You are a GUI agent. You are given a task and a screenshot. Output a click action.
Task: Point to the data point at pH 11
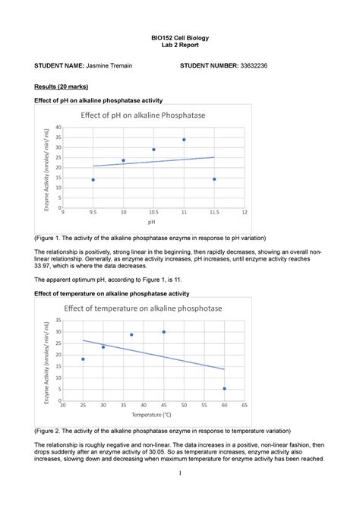coord(184,140)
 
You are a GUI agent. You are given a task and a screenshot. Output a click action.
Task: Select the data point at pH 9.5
coord(93,180)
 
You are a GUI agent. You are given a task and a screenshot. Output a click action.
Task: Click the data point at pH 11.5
coord(214,179)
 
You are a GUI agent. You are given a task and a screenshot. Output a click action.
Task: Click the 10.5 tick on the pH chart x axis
coord(153,213)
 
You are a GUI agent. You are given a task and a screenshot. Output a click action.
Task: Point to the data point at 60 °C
coord(224,388)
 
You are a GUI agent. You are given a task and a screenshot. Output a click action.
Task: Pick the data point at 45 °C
coord(163,332)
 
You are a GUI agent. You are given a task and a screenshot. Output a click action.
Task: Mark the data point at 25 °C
coord(83,359)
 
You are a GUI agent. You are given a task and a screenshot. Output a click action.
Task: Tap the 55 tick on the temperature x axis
coord(204,405)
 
